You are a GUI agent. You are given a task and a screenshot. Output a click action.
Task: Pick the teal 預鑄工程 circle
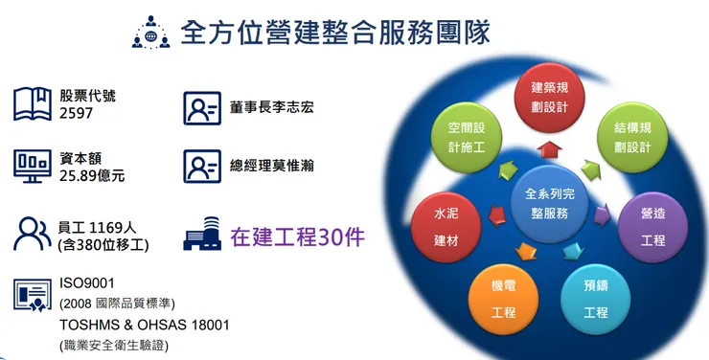pyautogui.click(x=595, y=299)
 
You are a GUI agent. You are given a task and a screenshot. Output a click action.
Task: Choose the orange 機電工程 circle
pyautogui.click(x=503, y=299)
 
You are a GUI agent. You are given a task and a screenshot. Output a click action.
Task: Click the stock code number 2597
pyautogui.click(x=78, y=114)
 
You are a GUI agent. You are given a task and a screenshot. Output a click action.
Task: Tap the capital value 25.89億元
pyautogui.click(x=92, y=176)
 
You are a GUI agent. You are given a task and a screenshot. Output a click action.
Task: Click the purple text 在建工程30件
pyautogui.click(x=297, y=236)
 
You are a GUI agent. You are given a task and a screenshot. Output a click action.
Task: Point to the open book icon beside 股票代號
pyautogui.click(x=32, y=103)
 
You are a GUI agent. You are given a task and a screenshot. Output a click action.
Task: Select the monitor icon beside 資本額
pyautogui.click(x=32, y=166)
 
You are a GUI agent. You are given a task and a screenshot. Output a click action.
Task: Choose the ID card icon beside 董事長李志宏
pyautogui.click(x=201, y=108)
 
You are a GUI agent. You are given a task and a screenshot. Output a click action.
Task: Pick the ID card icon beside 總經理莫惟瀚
pyautogui.click(x=201, y=166)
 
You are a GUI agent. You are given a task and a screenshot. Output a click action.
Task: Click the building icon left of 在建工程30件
pyautogui.click(x=200, y=234)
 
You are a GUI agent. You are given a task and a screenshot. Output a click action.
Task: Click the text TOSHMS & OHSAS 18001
pyautogui.click(x=144, y=325)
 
